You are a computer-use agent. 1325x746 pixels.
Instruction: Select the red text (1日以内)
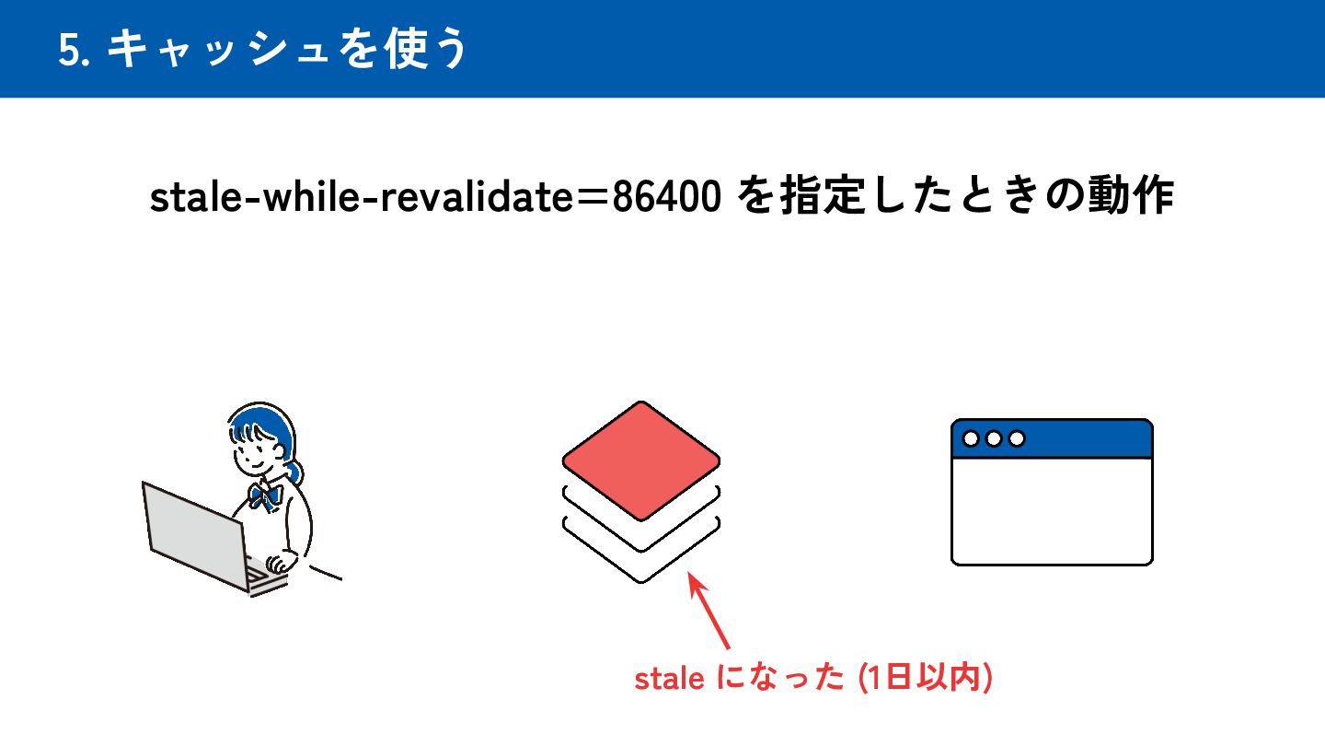(x=924, y=679)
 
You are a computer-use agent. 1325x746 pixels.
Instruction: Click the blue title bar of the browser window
(x=1086, y=438)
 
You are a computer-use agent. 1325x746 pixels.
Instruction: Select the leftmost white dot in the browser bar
(x=971, y=438)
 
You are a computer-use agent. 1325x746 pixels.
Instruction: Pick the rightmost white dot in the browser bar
(x=1017, y=438)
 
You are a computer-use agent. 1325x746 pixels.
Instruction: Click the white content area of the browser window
(x=1052, y=511)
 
